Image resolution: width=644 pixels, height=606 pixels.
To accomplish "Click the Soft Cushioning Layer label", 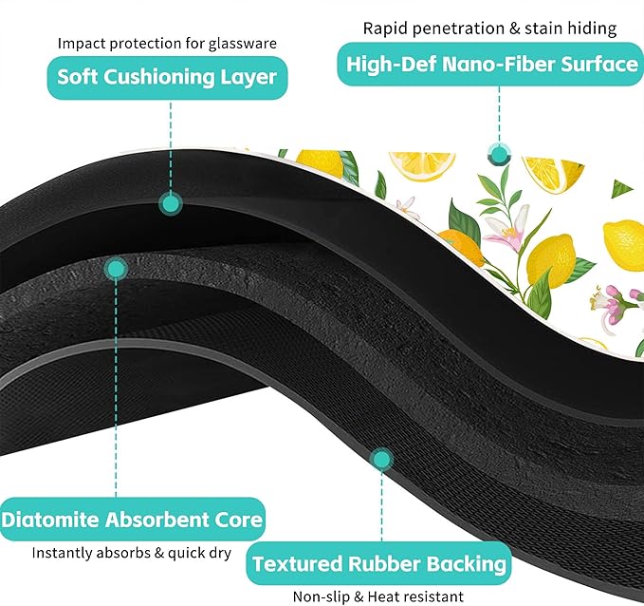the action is click(x=167, y=78).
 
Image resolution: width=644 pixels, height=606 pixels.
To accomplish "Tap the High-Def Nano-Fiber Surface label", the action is click(x=490, y=65).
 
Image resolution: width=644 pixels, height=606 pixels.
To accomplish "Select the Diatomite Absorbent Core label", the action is click(x=132, y=520).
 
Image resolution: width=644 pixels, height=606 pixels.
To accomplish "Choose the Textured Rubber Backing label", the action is click(x=378, y=563).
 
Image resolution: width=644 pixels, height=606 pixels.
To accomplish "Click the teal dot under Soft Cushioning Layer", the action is click(x=171, y=203).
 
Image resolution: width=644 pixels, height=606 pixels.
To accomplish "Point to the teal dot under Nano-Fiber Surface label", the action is click(x=500, y=155).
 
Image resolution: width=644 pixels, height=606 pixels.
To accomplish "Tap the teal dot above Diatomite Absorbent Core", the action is click(x=116, y=270).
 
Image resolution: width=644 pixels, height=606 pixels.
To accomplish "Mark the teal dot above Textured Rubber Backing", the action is click(x=381, y=460).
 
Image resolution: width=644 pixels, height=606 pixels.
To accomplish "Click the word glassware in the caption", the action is click(x=242, y=44).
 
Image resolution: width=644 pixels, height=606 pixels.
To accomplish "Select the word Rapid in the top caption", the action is click(x=386, y=28).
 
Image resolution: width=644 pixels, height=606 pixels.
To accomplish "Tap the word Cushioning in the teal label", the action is click(x=159, y=78).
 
